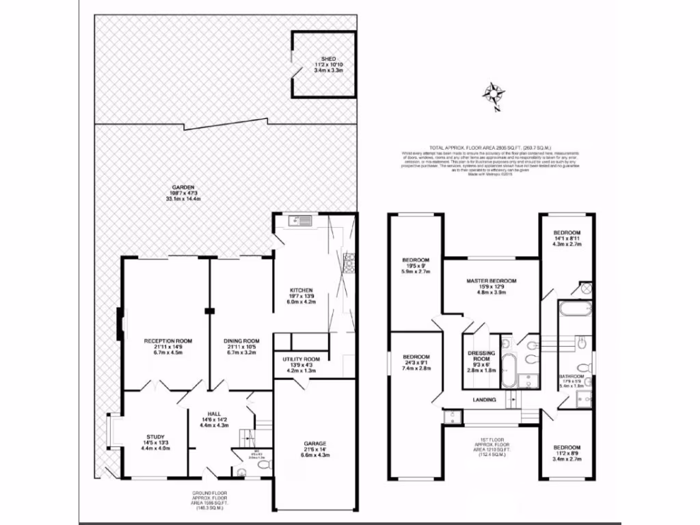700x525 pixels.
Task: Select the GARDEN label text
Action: (183, 187)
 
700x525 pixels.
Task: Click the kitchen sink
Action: (300, 220)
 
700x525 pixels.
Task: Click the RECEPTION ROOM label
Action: (167, 340)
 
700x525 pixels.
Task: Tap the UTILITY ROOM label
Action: (301, 359)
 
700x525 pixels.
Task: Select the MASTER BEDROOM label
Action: (492, 281)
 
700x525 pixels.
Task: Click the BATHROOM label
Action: (571, 377)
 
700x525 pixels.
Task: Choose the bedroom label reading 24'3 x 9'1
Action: (416, 358)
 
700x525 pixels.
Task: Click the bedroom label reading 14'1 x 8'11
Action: (567, 233)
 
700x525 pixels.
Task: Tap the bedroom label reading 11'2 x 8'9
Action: (567, 448)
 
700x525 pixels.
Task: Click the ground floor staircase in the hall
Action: (247, 435)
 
